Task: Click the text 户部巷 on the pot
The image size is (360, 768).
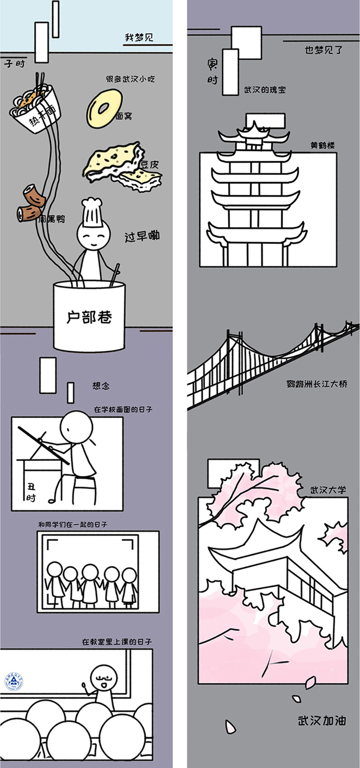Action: (89, 317)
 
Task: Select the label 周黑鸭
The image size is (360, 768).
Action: (51, 218)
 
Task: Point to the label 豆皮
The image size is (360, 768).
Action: (150, 165)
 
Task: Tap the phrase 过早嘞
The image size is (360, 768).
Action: (142, 236)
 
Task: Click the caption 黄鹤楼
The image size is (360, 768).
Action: (322, 146)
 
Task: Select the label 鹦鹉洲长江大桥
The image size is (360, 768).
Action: (317, 384)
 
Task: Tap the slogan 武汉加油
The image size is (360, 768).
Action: (322, 720)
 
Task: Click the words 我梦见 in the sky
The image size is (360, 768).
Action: (139, 37)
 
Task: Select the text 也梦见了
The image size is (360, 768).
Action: (324, 50)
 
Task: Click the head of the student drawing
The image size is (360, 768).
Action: (76, 427)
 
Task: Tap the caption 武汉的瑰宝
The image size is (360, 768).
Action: (265, 90)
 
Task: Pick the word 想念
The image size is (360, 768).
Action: (101, 386)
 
